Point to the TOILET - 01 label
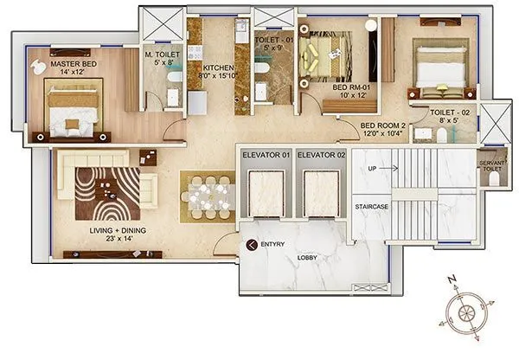point(272,38)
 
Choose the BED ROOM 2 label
point(382,124)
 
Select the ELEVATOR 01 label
point(265,154)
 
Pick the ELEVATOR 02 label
point(320,154)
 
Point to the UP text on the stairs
point(372,168)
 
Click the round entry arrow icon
point(252,246)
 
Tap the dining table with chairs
point(207,196)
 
